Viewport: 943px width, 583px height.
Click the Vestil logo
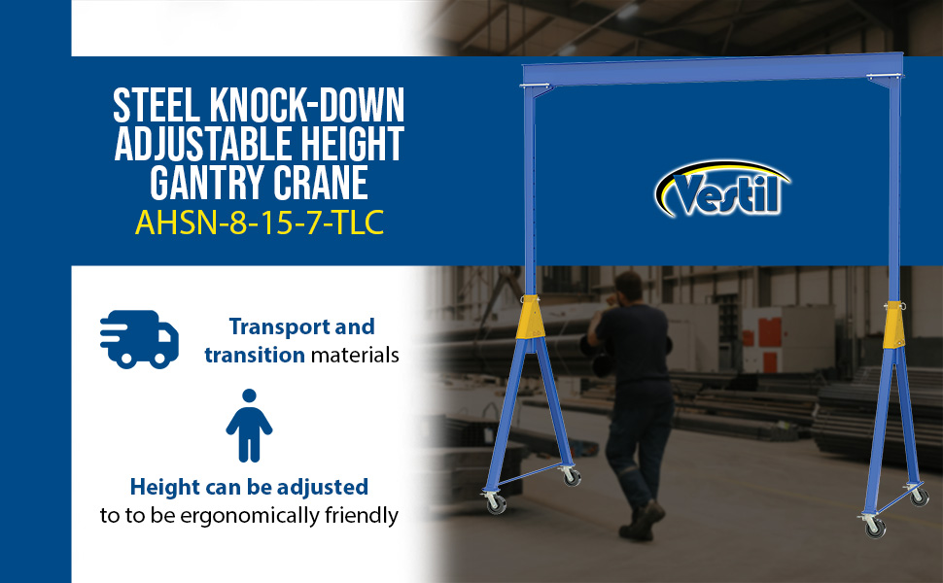721,189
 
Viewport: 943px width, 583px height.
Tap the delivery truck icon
140,339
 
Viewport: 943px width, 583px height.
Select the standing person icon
249,426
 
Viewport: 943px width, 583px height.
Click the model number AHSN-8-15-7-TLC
260,223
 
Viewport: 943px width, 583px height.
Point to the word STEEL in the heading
157,106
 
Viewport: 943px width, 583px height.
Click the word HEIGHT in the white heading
353,144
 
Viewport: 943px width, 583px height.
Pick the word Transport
279,326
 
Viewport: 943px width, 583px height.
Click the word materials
355,355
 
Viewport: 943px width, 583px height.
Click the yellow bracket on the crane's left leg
531,317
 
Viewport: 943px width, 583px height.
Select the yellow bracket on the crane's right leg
894,325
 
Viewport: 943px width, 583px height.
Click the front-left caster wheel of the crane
495,502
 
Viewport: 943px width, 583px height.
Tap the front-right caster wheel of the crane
874,526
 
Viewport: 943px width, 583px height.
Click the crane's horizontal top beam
713,69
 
